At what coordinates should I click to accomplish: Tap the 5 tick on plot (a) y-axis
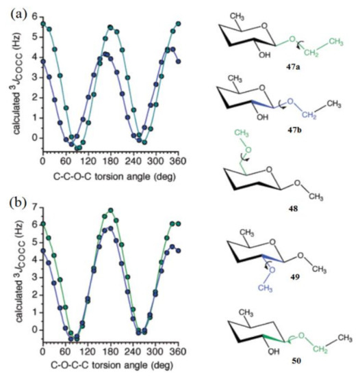(x=36, y=32)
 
